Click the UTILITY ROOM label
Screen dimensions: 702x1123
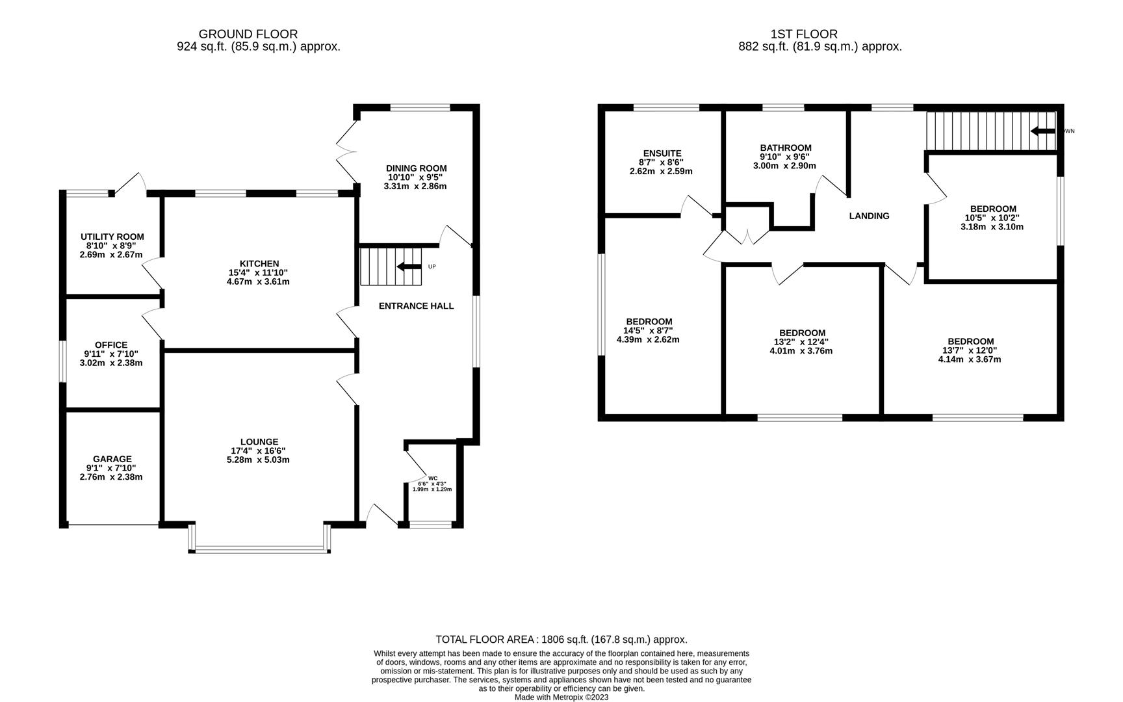click(112, 237)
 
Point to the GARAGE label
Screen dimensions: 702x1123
click(112, 459)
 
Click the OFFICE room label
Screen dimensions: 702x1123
click(111, 345)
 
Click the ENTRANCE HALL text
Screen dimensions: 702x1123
click(416, 306)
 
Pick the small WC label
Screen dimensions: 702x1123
click(433, 478)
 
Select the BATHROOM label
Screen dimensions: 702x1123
click(786, 148)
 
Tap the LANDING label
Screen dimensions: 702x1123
click(869, 216)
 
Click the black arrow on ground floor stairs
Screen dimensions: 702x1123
click(409, 266)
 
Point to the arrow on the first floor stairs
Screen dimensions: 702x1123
click(1042, 131)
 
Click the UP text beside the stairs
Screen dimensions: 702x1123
click(432, 266)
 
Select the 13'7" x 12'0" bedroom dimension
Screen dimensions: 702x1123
click(970, 350)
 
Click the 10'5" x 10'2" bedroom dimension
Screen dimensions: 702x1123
click(992, 218)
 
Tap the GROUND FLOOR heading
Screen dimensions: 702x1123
click(248, 34)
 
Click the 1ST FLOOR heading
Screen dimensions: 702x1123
click(804, 34)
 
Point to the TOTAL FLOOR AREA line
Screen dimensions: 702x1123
click(561, 640)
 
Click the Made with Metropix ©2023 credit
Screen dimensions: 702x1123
click(561, 697)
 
